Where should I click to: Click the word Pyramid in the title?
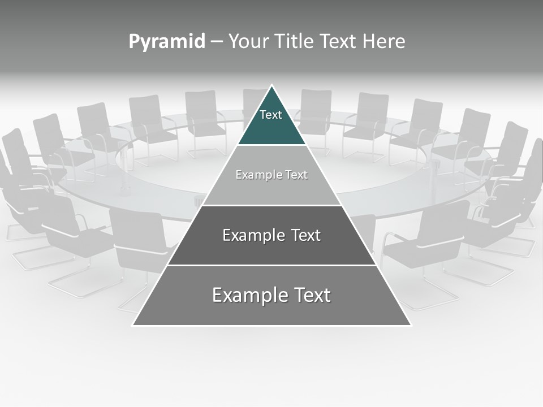pos(167,42)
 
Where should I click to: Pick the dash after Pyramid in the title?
pos(217,42)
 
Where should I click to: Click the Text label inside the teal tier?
pos(271,115)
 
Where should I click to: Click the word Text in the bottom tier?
pos(311,295)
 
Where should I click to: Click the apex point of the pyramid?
pos(272,86)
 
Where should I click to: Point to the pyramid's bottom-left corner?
pos(133,324)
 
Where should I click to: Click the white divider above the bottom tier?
pos(271,265)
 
